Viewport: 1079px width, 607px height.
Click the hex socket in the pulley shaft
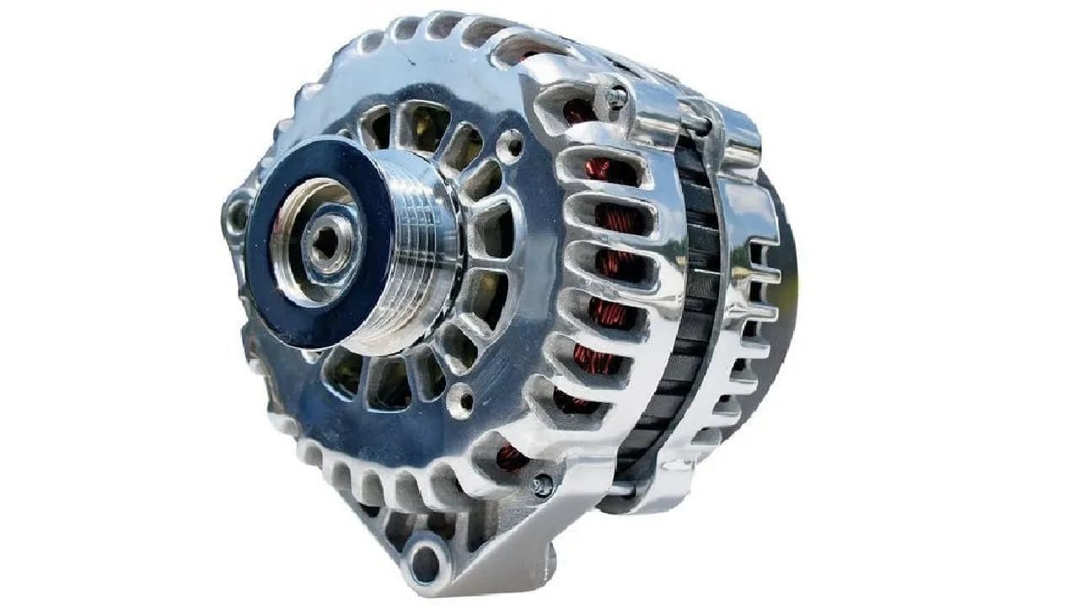pos(325,241)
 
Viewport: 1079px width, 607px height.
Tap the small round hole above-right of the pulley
pos(509,145)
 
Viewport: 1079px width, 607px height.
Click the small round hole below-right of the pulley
pos(460,400)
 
